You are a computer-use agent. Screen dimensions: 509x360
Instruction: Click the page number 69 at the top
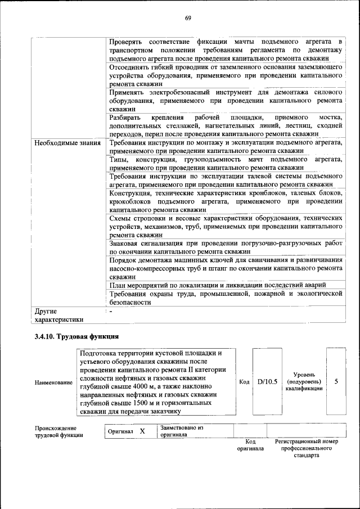188,18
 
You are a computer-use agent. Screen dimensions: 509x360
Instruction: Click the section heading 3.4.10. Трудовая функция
76,336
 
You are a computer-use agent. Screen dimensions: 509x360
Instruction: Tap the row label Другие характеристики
58,314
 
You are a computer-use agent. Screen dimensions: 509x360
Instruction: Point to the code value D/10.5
267,381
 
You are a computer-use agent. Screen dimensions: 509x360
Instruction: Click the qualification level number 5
336,381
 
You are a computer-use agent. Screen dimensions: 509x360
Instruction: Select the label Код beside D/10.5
244,382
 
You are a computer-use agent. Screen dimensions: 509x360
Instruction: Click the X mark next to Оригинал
142,431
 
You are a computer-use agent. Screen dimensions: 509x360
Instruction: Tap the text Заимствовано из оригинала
181,431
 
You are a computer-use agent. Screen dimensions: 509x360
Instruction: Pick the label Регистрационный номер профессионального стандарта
307,448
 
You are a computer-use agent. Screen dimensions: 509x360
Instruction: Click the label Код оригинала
250,445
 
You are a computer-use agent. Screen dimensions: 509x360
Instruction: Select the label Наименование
53,382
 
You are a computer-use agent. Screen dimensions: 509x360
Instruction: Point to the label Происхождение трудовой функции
58,431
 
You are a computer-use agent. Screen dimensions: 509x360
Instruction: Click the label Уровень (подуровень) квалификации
303,381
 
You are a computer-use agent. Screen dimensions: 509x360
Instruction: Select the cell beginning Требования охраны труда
225,298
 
